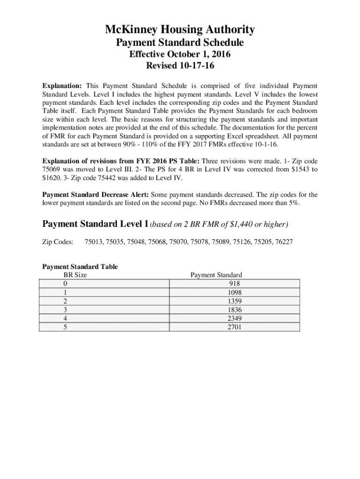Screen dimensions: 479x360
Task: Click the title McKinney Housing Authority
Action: point(180,30)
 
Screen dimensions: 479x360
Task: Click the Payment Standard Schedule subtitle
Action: point(180,43)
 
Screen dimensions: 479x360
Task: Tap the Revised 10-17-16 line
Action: point(180,66)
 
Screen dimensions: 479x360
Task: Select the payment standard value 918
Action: point(235,283)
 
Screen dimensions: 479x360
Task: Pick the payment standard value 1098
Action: point(234,292)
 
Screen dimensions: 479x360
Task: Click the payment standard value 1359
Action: point(234,301)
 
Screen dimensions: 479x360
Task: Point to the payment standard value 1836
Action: point(234,310)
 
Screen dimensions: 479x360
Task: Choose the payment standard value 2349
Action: point(234,318)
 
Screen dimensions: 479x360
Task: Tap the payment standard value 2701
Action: point(234,327)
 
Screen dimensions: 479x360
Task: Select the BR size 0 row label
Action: point(64,283)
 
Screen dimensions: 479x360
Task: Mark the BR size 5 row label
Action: point(64,327)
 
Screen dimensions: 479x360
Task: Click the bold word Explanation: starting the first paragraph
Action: point(62,86)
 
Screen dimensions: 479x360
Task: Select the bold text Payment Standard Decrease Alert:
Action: point(95,195)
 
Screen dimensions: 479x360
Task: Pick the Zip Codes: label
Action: point(58,242)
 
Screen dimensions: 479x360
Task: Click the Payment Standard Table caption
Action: point(80,267)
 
